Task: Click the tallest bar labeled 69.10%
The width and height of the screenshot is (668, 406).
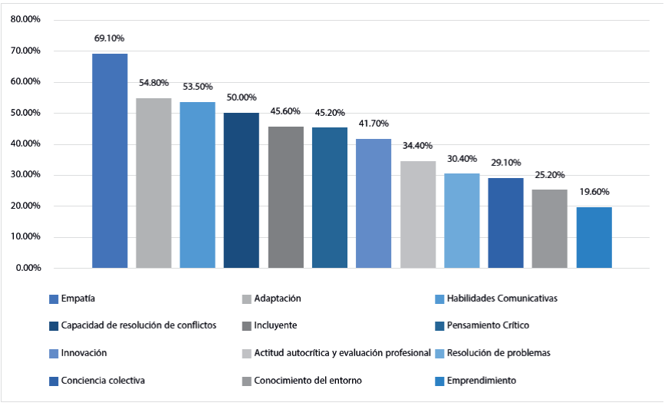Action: pos(110,160)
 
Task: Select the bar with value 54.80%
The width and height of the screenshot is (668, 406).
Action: pos(153,183)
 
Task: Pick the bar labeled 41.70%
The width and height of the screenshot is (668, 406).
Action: pos(373,203)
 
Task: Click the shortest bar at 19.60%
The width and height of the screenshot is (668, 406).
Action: pos(594,237)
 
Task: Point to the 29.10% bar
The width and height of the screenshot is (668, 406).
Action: pos(505,223)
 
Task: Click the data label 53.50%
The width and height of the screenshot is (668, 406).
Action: pos(198,87)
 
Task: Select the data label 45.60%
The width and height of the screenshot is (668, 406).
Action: pos(286,111)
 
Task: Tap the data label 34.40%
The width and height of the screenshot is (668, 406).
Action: pos(418,146)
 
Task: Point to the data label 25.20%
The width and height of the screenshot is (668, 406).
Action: pos(550,174)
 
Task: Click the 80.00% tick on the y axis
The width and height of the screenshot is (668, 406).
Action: pos(26,20)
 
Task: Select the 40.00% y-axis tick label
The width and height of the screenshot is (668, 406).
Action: pos(26,144)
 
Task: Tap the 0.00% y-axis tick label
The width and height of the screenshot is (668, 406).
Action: pos(28,268)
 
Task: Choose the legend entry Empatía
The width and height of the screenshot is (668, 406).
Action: pos(77,298)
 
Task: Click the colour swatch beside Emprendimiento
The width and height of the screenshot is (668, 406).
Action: pos(439,381)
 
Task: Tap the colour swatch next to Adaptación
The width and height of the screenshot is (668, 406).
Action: pos(246,299)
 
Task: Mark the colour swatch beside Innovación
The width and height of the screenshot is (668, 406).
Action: pos(54,353)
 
